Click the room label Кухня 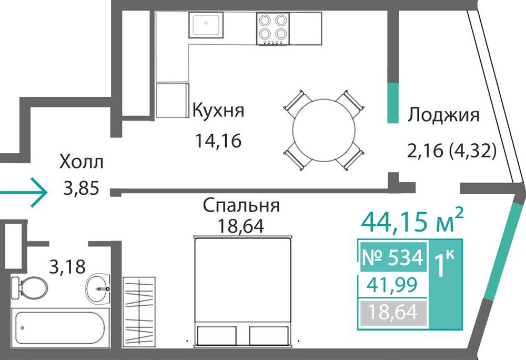click(x=218, y=111)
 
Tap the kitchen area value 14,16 click(x=218, y=141)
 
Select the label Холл click(x=82, y=162)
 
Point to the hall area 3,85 click(x=82, y=188)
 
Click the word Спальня click(x=241, y=205)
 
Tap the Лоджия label click(x=443, y=116)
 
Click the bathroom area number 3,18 click(x=67, y=267)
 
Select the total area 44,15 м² click(x=412, y=222)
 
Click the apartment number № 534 click(x=393, y=258)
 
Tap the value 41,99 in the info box click(x=392, y=285)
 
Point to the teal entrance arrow click(x=23, y=193)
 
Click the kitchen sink click(x=206, y=25)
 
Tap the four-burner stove click(x=272, y=28)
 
